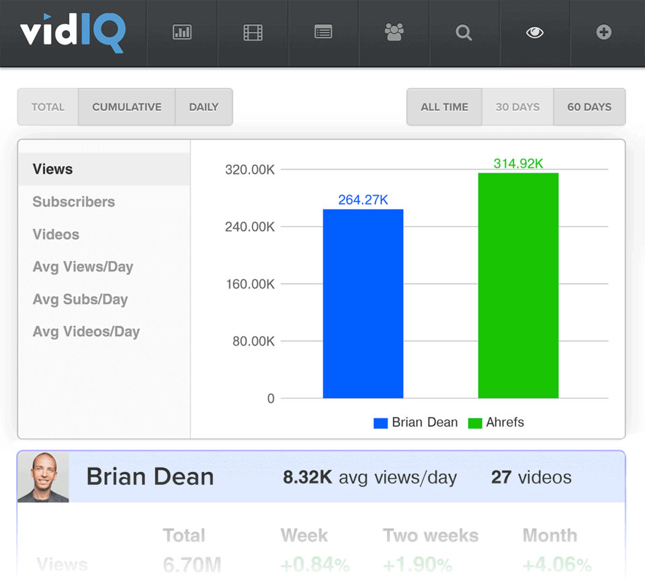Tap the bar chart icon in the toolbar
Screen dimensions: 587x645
coord(182,32)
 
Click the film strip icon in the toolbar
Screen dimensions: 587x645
coord(253,32)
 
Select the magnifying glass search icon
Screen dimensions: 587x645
coord(464,32)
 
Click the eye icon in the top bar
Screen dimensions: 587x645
coord(535,32)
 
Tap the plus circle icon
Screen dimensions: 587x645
coord(604,32)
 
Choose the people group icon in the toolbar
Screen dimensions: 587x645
coord(394,32)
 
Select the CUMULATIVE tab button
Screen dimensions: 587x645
coord(127,107)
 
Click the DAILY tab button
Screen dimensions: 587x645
coord(204,107)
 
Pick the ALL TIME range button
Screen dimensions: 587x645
coord(444,107)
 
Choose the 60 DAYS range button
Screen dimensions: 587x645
coord(589,107)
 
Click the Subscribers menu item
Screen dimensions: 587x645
coord(74,202)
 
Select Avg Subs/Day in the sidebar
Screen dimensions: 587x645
coord(80,299)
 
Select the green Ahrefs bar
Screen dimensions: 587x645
coord(518,286)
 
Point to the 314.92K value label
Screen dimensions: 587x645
coord(518,163)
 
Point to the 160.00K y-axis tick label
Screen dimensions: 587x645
coord(249,284)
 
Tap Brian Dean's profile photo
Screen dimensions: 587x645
coord(43,477)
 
